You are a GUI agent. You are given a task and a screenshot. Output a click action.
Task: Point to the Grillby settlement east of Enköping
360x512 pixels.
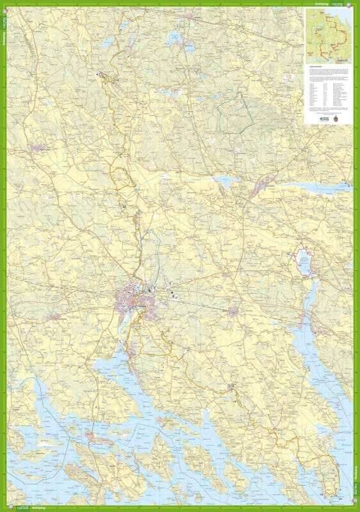[x=234, y=311]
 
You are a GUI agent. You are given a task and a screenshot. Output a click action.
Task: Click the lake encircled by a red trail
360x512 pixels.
[x=303, y=261]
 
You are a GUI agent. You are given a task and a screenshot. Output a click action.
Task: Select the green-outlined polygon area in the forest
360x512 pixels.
[x=233, y=112]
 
